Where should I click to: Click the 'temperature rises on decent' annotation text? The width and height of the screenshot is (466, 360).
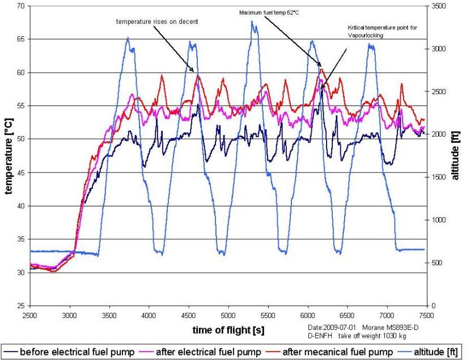point(157,22)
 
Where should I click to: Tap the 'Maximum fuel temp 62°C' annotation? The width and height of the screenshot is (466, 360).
point(269,13)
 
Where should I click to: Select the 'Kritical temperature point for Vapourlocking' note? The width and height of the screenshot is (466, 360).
point(382,32)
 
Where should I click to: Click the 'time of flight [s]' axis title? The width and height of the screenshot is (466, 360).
point(228,330)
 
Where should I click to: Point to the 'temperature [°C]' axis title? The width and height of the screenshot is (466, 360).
point(9,156)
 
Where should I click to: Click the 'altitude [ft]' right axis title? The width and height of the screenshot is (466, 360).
point(455,155)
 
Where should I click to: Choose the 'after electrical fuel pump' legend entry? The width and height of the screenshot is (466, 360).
point(202,352)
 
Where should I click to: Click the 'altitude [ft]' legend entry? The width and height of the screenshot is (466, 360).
point(429,352)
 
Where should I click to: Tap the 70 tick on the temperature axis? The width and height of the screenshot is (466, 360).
point(22,6)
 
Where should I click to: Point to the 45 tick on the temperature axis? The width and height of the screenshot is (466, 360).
point(22,173)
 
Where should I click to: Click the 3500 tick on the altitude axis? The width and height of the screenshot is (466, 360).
point(438,6)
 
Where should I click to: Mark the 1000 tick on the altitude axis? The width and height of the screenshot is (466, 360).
point(438,220)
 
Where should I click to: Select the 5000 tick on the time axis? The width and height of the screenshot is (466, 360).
point(228,315)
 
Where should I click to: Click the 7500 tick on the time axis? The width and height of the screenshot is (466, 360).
point(427,315)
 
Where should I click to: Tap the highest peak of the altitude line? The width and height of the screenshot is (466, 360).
point(252,21)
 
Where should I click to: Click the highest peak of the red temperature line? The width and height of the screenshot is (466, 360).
point(321,69)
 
